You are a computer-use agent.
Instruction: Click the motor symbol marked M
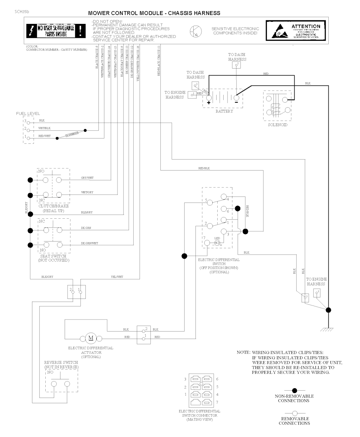[x=91, y=338]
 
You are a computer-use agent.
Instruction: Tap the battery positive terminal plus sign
[x=208, y=103]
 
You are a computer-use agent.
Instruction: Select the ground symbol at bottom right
[x=328, y=329]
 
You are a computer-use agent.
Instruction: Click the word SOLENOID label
[x=277, y=125]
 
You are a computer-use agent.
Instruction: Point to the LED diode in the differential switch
[x=217, y=242]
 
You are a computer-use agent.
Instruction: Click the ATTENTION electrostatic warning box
[x=297, y=32]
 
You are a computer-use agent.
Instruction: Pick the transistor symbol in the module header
[x=194, y=31]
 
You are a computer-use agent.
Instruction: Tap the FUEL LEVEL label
[x=28, y=114]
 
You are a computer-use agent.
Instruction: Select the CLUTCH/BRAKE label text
[x=53, y=206]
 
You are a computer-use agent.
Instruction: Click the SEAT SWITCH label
[x=53, y=256]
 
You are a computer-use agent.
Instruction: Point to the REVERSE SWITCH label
[x=61, y=362]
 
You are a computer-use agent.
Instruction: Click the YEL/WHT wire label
[x=117, y=277]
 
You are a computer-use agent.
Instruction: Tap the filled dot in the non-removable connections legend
[x=295, y=390]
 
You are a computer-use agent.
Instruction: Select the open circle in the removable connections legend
[x=295, y=413]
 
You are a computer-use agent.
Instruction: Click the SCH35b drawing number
[x=22, y=12]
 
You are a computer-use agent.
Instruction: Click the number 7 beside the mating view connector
[x=217, y=402]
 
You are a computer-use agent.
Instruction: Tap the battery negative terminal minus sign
[x=236, y=103]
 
